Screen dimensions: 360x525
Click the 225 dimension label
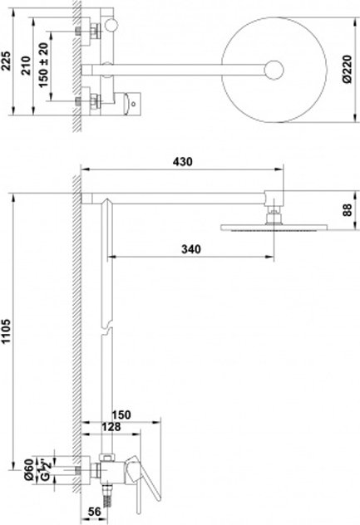coord(7,61)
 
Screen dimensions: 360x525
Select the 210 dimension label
coord(26,66)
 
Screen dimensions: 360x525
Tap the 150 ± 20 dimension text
coord(43,65)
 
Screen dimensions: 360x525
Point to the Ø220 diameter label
coord(348,69)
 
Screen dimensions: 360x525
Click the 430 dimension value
coord(182,162)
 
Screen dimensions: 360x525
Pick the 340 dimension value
coord(191,249)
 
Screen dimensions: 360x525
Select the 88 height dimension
coord(348,210)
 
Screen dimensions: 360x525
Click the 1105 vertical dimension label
coord(7,331)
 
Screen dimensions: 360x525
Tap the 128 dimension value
coord(111,427)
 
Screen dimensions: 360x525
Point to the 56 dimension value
coord(94,512)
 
